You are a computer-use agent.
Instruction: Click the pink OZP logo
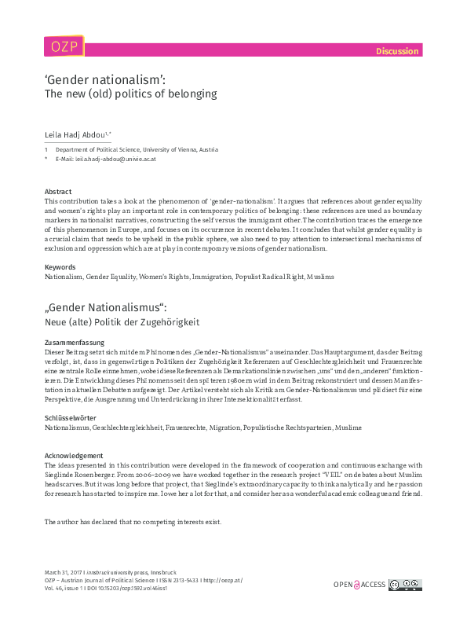click(64, 46)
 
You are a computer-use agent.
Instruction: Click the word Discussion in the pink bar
click(396, 51)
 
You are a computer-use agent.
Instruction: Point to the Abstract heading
click(58, 192)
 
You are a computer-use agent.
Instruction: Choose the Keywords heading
click(60, 267)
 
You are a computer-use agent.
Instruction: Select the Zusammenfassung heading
click(76, 343)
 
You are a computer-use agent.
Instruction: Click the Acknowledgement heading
click(74, 456)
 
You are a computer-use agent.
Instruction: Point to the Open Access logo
click(360, 584)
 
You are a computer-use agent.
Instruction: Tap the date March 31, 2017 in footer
click(65, 573)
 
